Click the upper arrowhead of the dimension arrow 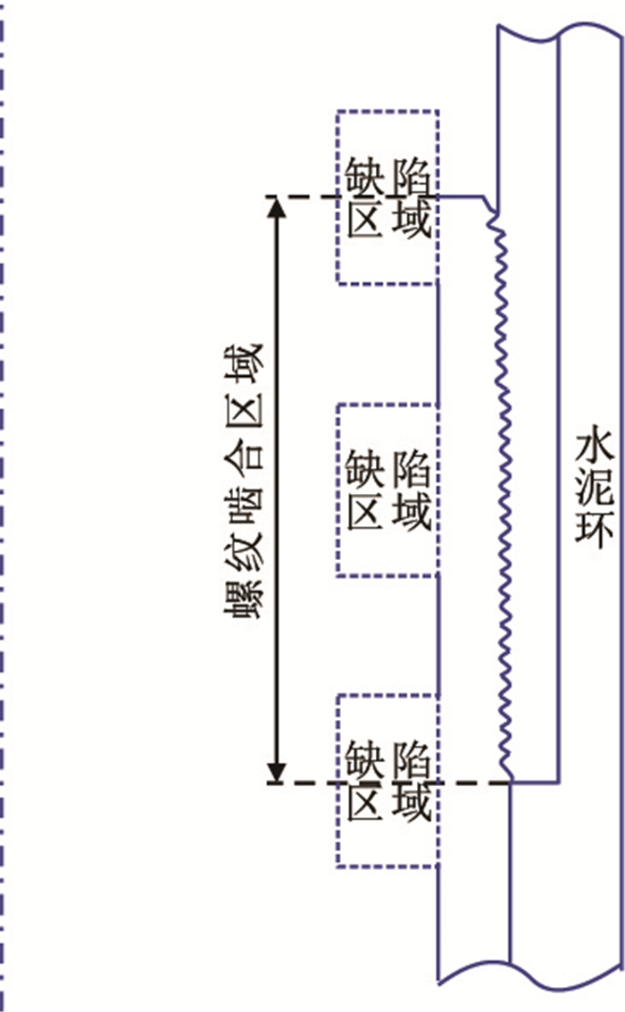[x=279, y=206]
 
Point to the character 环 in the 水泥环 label [x=593, y=531]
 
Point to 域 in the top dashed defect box [x=411, y=220]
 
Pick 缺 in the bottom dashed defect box [x=365, y=760]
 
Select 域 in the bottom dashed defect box [x=411, y=801]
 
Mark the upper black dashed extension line [x=308, y=196]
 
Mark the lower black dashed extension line [x=308, y=783]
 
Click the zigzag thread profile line [x=503, y=491]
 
